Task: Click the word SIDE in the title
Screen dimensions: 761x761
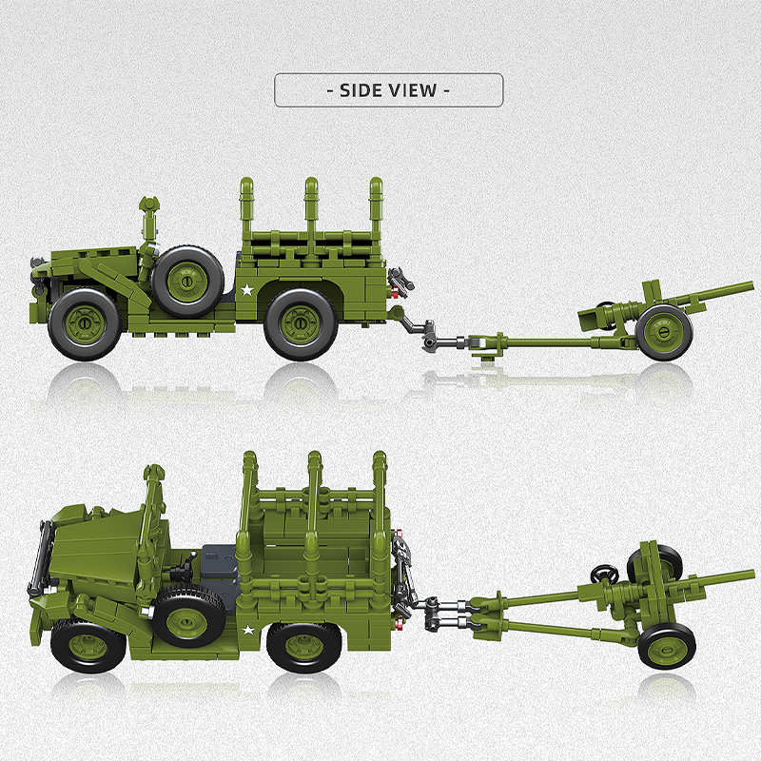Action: click(358, 90)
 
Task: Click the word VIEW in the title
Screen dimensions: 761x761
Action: click(412, 90)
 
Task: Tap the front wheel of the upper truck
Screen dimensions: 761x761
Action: click(86, 324)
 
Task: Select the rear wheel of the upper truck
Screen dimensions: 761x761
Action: click(301, 323)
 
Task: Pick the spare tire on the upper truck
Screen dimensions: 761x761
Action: click(188, 282)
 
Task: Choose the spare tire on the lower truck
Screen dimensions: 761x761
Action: click(187, 617)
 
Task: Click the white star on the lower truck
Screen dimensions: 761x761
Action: click(248, 629)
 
